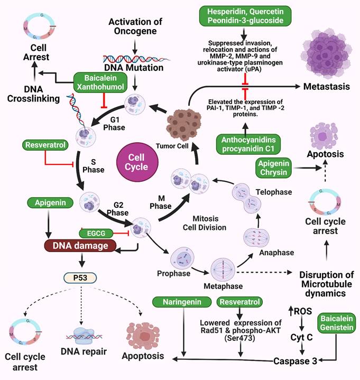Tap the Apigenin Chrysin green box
click(x=275, y=166)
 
